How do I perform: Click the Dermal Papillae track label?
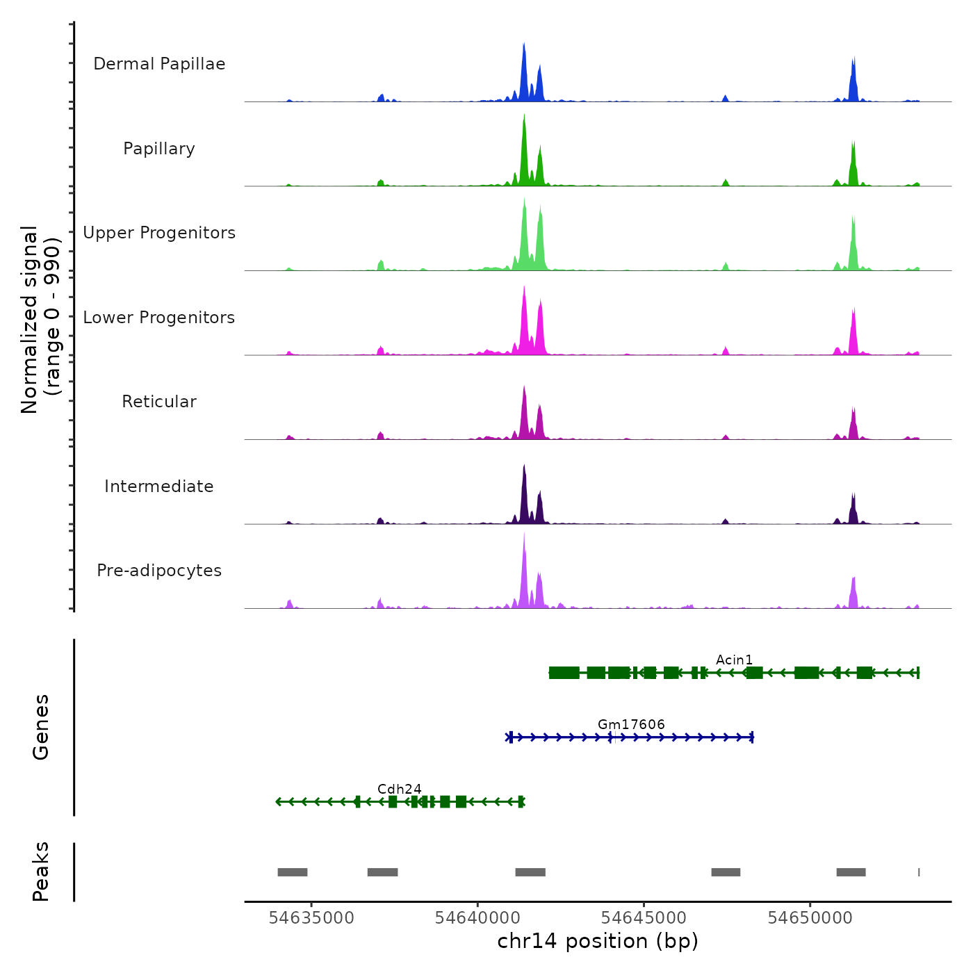(159, 64)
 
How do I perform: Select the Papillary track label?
(159, 149)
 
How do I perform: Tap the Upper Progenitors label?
(159, 233)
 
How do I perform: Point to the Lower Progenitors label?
(159, 318)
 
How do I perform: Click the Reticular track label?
(159, 402)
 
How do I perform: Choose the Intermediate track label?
(159, 486)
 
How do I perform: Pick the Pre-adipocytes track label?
(159, 571)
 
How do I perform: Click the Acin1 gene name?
(734, 660)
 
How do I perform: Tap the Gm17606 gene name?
(631, 724)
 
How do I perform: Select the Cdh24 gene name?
(399, 789)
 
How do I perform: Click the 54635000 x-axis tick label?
(311, 917)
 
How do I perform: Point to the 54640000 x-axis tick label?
(477, 917)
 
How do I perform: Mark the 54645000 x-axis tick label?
(644, 917)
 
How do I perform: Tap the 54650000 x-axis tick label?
(810, 917)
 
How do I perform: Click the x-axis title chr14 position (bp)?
(598, 941)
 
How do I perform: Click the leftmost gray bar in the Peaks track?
(293, 872)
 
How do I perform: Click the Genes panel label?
(41, 727)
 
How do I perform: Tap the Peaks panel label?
(41, 872)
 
